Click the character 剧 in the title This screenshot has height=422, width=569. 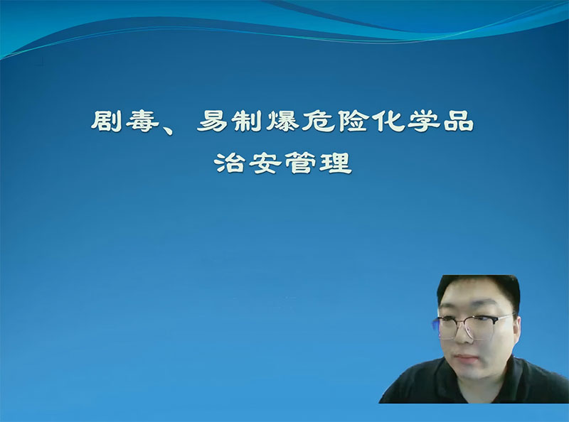(x=106, y=121)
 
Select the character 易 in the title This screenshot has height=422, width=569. (x=211, y=121)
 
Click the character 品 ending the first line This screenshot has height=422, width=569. (x=458, y=121)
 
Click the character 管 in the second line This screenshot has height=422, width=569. (x=300, y=163)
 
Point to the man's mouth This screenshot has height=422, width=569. (x=466, y=357)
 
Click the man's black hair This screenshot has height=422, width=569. (x=479, y=290)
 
